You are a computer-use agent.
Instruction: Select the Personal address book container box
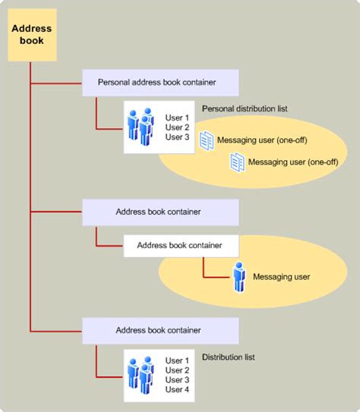coord(159,81)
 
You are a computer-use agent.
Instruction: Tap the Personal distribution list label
coord(245,109)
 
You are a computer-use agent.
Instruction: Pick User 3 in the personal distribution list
coord(176,137)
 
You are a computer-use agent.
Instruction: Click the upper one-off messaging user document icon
coord(207,140)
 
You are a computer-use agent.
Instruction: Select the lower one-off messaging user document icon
coord(238,161)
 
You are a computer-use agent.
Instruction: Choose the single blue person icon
coord(239,277)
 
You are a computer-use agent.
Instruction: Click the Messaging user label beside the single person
coord(281,277)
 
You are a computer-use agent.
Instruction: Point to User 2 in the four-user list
coord(176,370)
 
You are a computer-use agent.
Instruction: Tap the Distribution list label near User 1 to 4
coord(228,357)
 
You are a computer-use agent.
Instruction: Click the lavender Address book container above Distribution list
coord(159,330)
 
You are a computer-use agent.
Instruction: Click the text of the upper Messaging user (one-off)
coord(261,141)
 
